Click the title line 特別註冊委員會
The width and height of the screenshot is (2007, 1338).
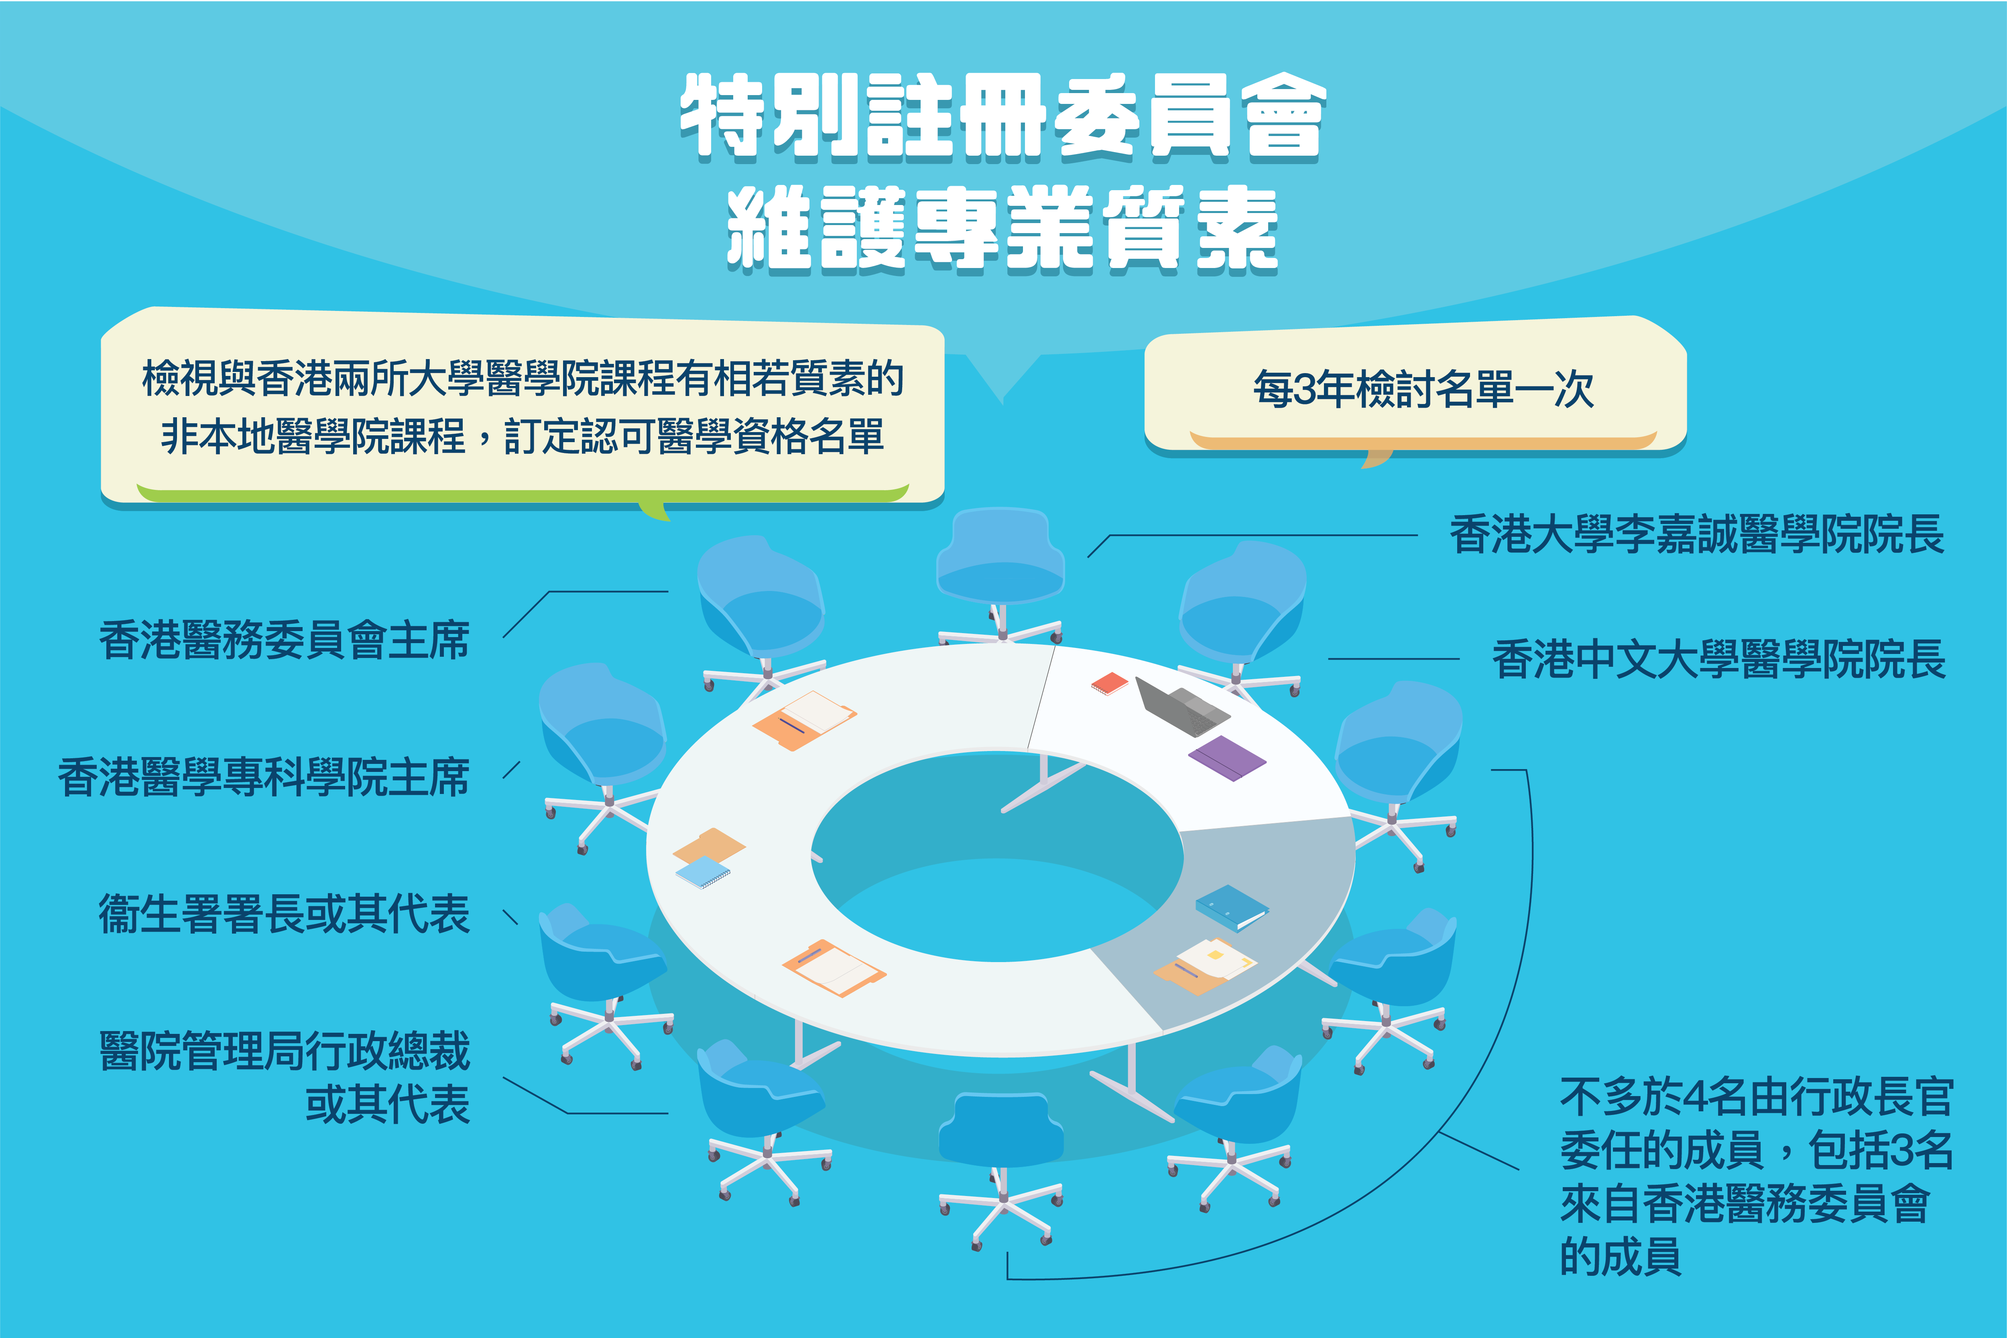pyautogui.click(x=1003, y=118)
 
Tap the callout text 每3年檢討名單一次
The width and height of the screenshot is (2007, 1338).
pyautogui.click(x=1423, y=389)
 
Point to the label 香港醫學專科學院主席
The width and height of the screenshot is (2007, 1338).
pyautogui.click(x=264, y=778)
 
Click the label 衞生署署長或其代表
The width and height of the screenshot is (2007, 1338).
pyautogui.click(x=284, y=914)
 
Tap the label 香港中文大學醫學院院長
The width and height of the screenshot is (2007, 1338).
pyautogui.click(x=1718, y=659)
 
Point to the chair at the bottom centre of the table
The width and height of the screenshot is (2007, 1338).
pyautogui.click(x=1001, y=1169)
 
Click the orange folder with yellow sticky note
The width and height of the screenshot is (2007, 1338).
pyautogui.click(x=1205, y=966)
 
